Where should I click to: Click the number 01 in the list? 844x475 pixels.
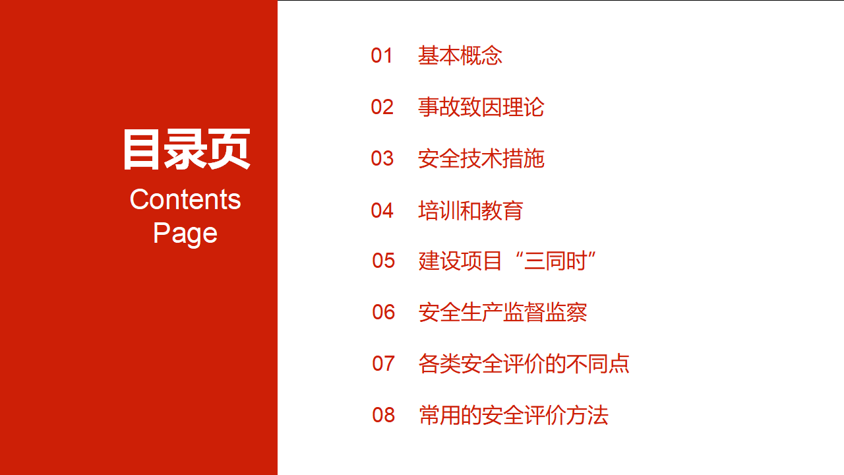coord(382,55)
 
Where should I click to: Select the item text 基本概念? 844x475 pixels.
coord(460,55)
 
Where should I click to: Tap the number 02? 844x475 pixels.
coord(382,107)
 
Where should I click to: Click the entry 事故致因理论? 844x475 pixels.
coord(481,107)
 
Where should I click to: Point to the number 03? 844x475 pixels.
coord(382,158)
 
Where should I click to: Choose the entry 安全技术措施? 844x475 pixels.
coord(481,158)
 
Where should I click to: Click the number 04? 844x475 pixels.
coord(382,210)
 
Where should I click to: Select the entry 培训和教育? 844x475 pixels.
coord(471,210)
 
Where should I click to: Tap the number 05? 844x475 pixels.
coord(383,261)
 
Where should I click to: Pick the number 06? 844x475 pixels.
coord(383,312)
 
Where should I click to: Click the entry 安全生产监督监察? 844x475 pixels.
coord(502,312)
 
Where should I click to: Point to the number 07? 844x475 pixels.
coord(383,364)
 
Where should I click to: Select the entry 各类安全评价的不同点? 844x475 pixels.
coord(524,364)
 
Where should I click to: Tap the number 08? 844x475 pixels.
coord(383,415)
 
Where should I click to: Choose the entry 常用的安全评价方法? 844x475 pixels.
coord(514,415)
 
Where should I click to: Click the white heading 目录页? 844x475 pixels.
coord(187,149)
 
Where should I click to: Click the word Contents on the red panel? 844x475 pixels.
coord(185,199)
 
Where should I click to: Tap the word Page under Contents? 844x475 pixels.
coord(185,234)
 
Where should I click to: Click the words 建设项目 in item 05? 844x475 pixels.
coord(460,261)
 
